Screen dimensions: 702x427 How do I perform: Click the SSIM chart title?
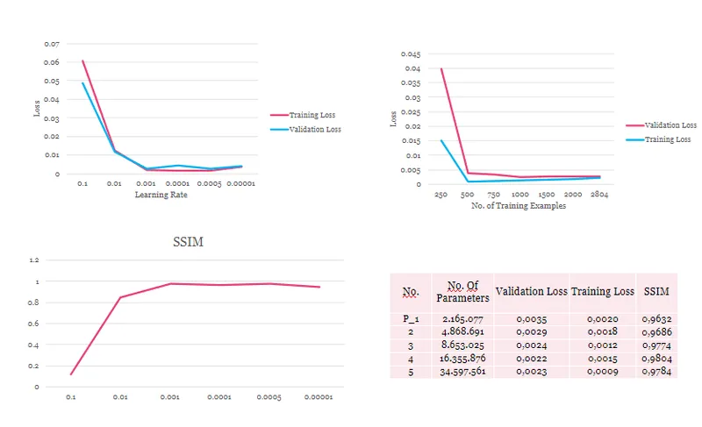188,242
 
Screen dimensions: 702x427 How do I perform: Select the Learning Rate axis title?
161,195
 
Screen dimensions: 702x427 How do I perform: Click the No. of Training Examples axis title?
519,206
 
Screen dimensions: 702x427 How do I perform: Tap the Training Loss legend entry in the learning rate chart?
303,115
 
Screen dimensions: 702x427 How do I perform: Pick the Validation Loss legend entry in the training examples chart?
662,125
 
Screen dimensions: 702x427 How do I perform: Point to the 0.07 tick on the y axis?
52,44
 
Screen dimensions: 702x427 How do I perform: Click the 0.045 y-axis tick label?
411,54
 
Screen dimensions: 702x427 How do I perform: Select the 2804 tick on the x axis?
599,194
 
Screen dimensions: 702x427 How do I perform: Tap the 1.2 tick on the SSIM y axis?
34,260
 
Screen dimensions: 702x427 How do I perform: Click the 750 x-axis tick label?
493,195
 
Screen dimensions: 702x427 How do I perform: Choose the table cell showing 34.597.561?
462,372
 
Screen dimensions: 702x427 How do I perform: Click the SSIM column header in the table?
656,291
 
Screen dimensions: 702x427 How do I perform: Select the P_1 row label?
411,319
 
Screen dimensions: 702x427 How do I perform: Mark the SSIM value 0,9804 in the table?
656,359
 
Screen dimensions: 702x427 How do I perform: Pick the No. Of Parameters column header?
462,291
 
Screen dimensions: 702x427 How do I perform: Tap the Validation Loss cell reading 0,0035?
532,319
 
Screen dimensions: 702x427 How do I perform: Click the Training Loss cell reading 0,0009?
603,372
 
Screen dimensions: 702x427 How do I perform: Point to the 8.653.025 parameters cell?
462,345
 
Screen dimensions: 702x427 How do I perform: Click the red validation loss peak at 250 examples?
441,69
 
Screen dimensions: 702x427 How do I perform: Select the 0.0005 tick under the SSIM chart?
269,397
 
